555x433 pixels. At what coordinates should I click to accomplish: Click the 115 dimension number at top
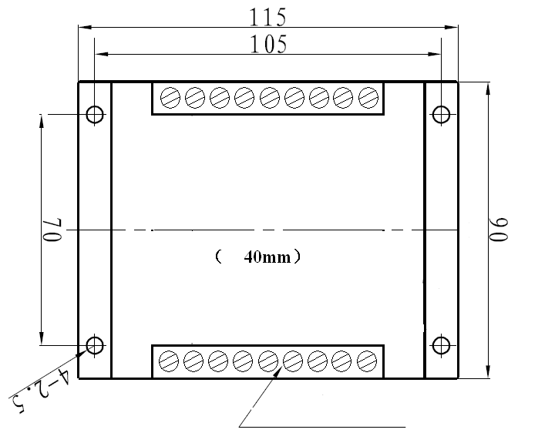[268, 16]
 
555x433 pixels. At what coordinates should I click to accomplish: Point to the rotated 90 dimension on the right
[501, 230]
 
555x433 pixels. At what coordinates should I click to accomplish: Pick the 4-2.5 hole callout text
[42, 388]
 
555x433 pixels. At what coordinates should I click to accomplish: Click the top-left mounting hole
[95, 115]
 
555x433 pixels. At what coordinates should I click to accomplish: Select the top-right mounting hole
[441, 115]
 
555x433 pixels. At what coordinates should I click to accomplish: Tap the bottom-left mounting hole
[95, 344]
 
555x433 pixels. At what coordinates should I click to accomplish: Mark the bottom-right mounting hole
[441, 344]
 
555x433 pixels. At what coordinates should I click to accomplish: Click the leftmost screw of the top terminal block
[170, 97]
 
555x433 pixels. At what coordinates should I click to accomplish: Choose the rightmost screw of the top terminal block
[369, 97]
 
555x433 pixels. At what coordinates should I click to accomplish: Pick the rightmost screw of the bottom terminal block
[368, 360]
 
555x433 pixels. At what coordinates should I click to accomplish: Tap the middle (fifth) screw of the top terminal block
[270, 97]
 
